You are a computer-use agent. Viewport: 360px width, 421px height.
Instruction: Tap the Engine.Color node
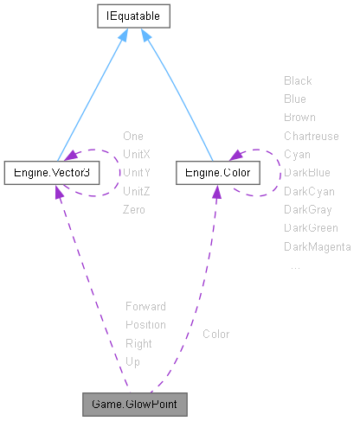pos(214,174)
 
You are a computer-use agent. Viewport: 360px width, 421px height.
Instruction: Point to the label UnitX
pos(137,154)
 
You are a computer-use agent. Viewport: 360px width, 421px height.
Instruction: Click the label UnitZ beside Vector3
pos(137,191)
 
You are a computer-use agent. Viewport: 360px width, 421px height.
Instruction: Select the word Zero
pos(134,210)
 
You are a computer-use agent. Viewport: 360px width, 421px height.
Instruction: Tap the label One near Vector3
pos(133,136)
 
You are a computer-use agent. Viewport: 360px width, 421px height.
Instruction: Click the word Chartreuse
pos(311,136)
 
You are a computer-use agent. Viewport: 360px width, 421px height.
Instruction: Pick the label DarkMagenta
pos(317,247)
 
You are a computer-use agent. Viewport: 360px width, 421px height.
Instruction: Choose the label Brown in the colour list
pos(299,117)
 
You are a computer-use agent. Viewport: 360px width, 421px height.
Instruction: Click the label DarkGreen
pos(311,228)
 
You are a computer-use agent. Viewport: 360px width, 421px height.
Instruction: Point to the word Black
pos(298,80)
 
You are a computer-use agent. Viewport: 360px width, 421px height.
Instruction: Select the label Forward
pos(145,306)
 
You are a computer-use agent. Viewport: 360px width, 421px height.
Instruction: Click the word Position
pos(145,325)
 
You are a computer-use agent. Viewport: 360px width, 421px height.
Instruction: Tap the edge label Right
pos(138,343)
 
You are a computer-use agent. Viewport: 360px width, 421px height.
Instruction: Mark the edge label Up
pos(132,361)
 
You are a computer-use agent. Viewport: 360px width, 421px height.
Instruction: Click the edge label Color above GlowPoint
pos(216,334)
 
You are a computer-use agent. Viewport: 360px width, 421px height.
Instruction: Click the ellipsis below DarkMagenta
pos(295,266)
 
